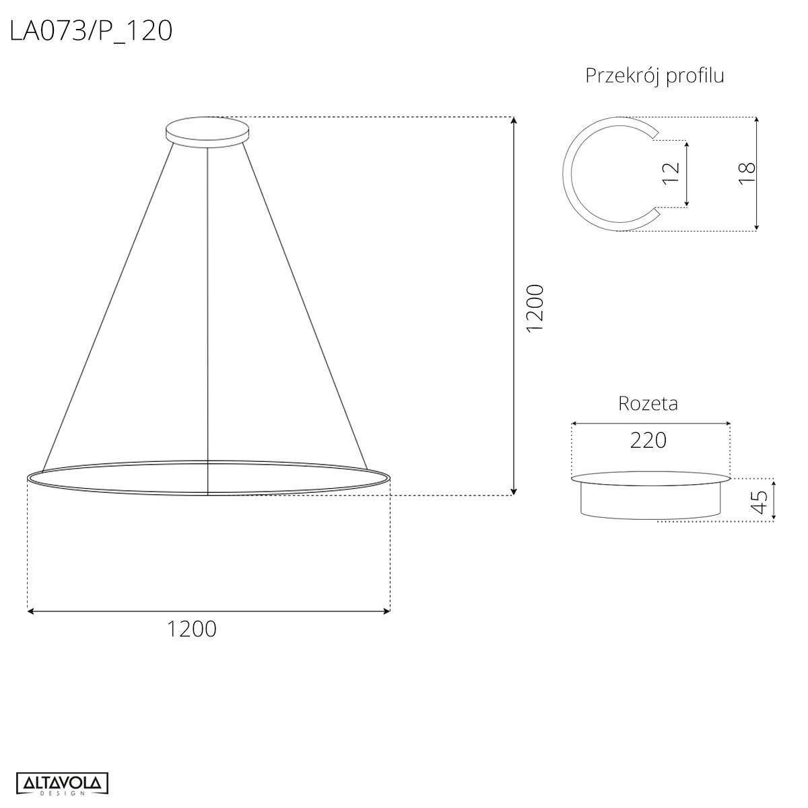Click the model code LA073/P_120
tap(91, 31)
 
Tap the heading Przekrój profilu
tap(654, 75)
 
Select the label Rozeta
tap(648, 403)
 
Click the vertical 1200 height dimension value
tap(535, 307)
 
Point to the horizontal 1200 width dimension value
tap(192, 629)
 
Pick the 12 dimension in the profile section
tap(671, 173)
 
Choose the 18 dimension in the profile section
tap(747, 173)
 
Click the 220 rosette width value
tap(648, 440)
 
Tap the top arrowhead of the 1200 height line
tap(514, 121)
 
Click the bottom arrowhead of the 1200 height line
tap(514, 492)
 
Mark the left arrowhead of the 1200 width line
tap(31, 611)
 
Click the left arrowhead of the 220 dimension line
tap(574, 424)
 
